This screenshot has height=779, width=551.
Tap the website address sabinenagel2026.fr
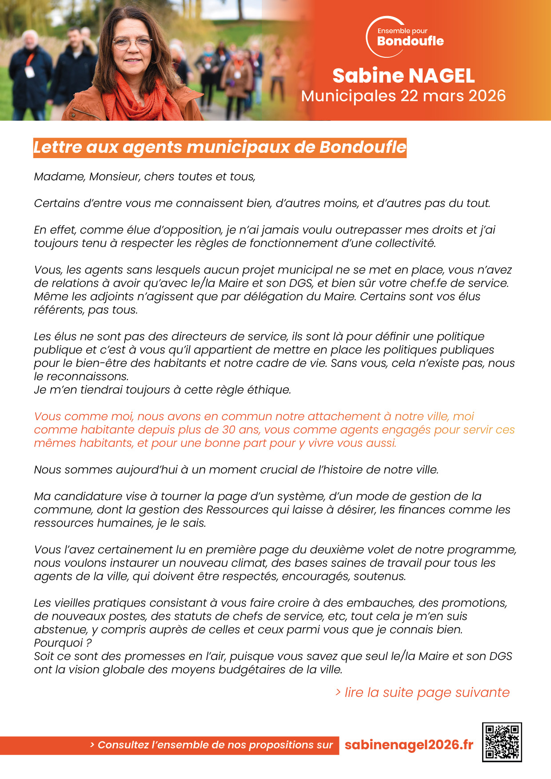coord(409,745)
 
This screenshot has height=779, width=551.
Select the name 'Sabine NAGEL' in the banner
coord(403,76)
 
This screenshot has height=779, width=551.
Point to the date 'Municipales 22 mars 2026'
coord(403,96)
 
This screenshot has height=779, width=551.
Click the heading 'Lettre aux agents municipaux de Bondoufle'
coord(220,147)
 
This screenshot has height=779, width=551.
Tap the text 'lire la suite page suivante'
coord(427,692)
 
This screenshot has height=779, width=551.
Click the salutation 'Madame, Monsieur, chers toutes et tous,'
coord(145,177)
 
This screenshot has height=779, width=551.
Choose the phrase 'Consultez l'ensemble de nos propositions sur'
coord(215,745)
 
